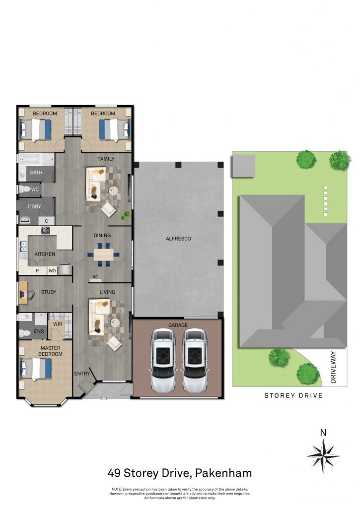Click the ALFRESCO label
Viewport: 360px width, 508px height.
[178, 239]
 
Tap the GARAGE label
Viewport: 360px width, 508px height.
[178, 325]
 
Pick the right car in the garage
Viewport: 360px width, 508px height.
[195, 361]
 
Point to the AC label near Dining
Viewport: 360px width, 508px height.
[95, 277]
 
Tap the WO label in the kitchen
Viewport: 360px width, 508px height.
[52, 271]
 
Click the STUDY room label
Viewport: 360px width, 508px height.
[49, 292]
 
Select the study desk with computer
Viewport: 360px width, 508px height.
[23, 293]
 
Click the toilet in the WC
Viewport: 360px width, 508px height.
[24, 189]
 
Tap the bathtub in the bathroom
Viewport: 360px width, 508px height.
[34, 159]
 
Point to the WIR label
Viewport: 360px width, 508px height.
[58, 324]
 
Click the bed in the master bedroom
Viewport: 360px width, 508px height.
[36, 369]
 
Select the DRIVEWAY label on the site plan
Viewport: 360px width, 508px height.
[333, 368]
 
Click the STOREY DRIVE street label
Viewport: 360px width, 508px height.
[293, 395]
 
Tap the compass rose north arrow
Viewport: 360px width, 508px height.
[323, 456]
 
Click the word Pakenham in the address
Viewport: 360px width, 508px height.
[223, 473]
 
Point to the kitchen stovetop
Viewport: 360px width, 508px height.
[45, 230]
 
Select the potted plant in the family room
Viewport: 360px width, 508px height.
[125, 215]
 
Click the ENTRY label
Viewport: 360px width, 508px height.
[82, 374]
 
